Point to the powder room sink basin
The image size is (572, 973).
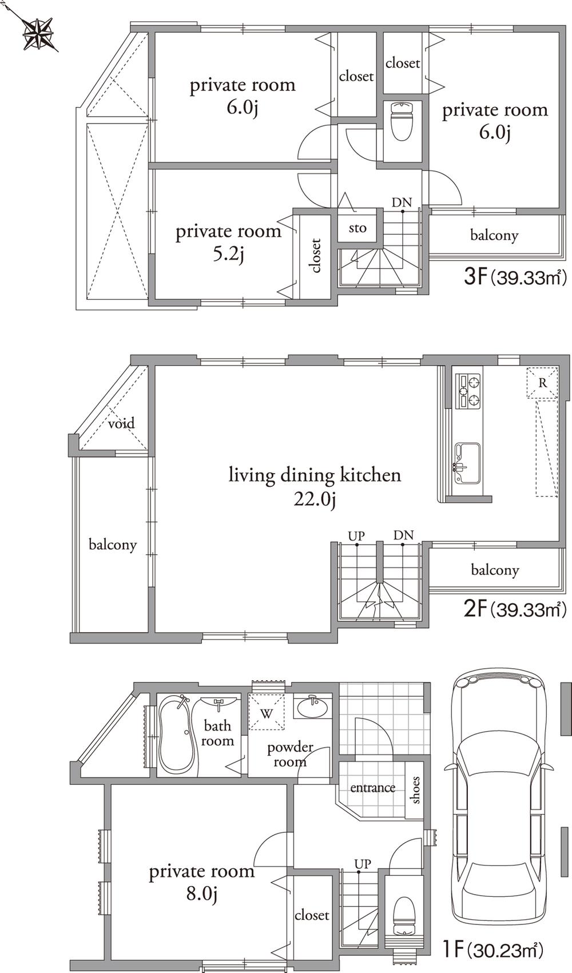click(312, 708)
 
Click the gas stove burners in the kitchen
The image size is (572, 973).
click(469, 391)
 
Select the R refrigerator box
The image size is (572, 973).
click(542, 383)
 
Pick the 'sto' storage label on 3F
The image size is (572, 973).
click(357, 228)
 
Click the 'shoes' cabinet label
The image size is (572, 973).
click(415, 790)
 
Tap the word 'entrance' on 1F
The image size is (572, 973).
click(372, 788)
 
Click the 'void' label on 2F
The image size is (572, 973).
click(121, 423)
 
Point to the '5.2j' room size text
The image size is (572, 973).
click(228, 255)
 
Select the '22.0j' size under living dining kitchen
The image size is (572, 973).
click(314, 499)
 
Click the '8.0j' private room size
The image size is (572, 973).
click(201, 894)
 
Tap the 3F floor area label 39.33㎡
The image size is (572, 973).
click(515, 278)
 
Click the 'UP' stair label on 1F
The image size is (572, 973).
click(362, 863)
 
